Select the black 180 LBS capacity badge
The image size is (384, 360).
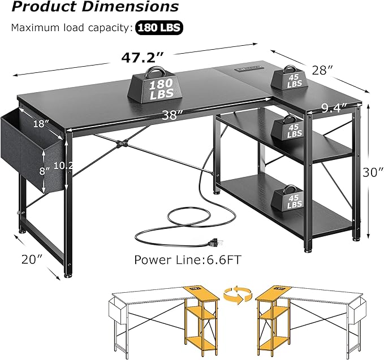159,27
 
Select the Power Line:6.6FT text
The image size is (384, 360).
180,260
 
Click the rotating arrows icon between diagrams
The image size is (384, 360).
237,294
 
